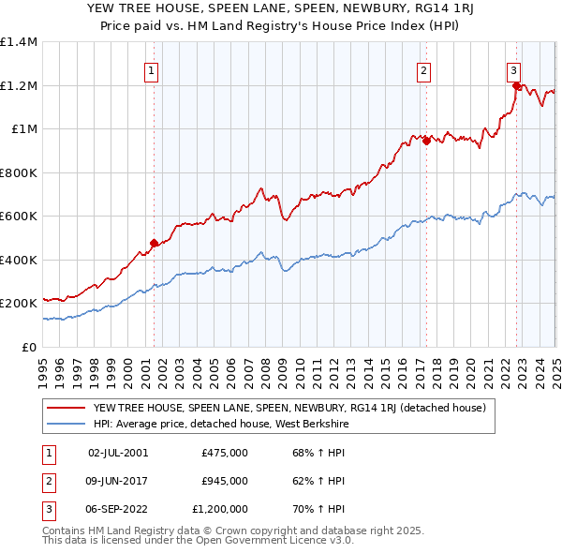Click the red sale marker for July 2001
click(154, 244)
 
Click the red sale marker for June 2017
click(426, 142)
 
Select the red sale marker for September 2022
click(516, 86)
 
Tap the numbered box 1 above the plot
click(151, 69)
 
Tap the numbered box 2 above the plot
click(424, 69)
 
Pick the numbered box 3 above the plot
click(514, 69)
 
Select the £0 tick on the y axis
click(30, 347)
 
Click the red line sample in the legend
click(67, 408)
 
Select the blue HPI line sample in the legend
click(67, 425)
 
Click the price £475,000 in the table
click(224, 453)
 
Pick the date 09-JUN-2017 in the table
click(118, 481)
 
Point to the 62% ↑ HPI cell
click(318, 481)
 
